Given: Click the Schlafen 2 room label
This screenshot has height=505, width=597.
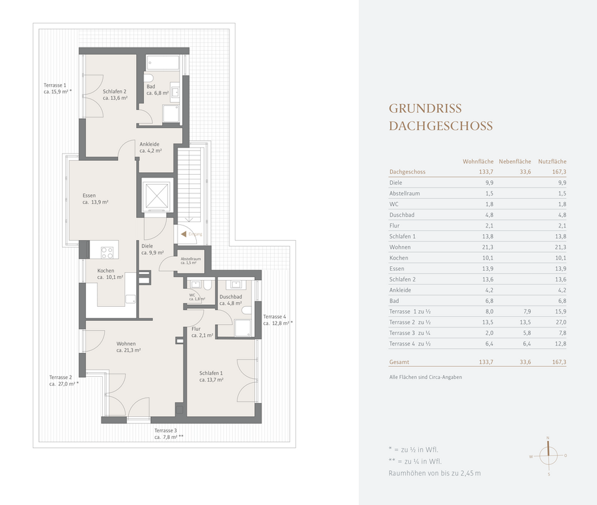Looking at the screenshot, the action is tap(115, 95).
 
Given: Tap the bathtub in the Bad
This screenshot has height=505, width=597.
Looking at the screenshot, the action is tap(163, 63).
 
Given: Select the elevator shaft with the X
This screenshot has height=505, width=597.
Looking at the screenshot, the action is tap(156, 195).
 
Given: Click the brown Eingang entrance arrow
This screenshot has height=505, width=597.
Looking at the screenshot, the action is tap(183, 234).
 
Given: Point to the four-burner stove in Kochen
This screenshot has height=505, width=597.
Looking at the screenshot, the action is tap(107, 252).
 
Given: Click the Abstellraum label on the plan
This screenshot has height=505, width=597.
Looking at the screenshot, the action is tap(190, 260).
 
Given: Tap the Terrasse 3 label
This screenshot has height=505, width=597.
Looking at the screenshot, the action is tap(169, 434).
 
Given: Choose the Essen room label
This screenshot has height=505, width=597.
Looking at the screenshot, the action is tap(95, 199).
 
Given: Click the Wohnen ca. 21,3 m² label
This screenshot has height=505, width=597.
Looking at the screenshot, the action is tap(128, 347).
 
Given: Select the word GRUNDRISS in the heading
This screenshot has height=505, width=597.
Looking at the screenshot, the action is tap(425, 109).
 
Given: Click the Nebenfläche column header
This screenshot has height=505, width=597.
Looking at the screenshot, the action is tap(515, 161).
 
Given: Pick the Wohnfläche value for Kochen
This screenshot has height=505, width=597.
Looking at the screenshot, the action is tap(488, 258).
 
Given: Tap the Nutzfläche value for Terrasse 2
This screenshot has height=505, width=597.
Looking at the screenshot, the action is tap(560, 322).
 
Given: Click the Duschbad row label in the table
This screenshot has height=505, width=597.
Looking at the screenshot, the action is tap(402, 215).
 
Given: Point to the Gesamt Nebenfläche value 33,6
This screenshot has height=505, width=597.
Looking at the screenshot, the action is tap(526, 362).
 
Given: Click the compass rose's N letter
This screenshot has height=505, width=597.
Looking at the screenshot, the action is tap(548, 438).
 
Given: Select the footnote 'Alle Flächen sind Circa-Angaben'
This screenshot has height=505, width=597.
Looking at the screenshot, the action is tap(426, 377).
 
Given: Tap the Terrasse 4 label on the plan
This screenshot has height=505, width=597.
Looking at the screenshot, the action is tap(278, 320).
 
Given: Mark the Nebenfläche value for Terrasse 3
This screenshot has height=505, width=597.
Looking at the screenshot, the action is tap(527, 333).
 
